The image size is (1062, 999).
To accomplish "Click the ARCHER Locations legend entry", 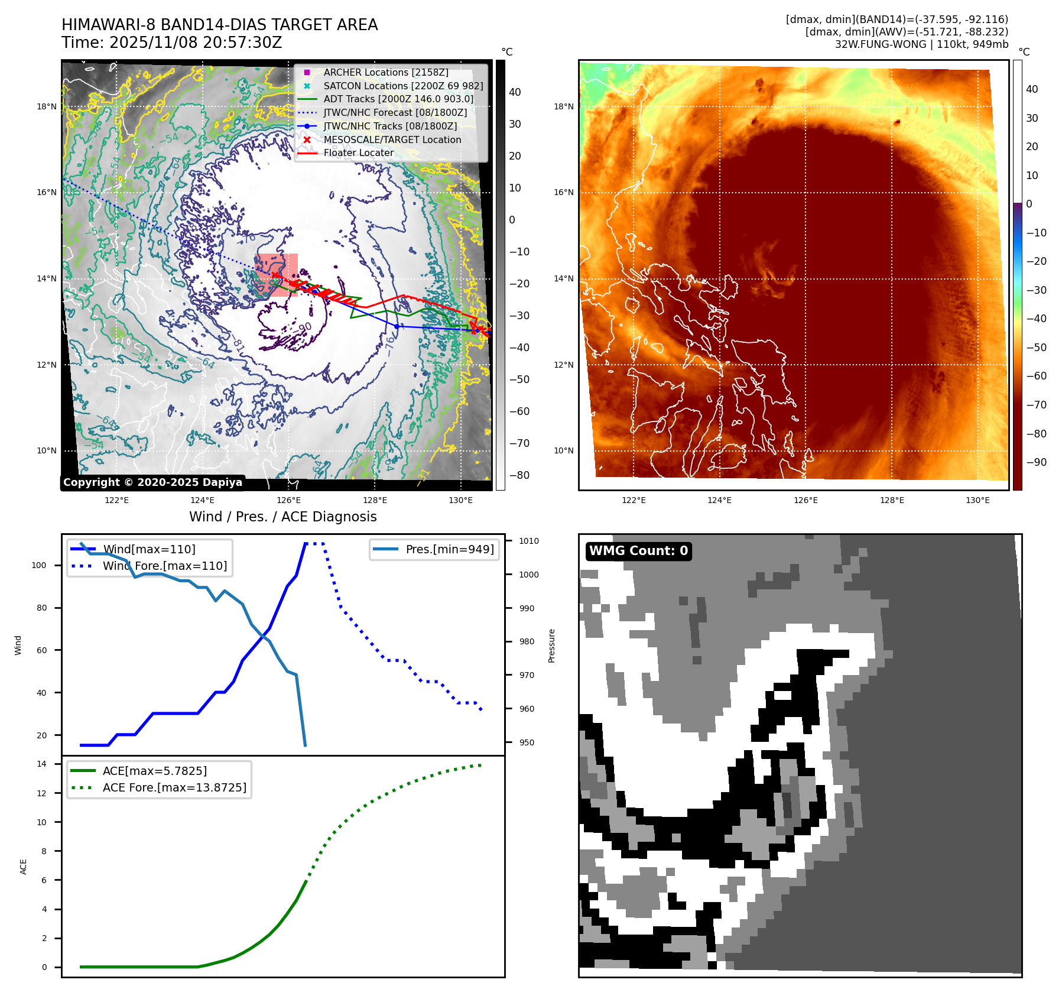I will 385,72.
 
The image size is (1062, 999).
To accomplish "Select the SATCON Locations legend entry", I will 403,86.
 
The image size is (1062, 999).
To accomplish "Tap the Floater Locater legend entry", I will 358,153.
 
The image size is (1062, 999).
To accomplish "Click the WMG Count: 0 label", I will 638,551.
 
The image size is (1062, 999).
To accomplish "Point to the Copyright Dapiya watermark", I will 152,482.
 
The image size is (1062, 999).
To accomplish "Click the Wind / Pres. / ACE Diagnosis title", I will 282,517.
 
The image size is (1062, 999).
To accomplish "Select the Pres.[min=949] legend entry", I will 449,549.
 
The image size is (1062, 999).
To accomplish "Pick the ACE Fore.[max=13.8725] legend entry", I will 174,787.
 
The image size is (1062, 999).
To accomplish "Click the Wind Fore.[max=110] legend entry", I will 164,566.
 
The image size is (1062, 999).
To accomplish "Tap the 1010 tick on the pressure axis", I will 528,541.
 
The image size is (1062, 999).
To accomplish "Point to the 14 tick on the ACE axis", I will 42,764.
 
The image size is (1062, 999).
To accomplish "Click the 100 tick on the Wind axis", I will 39,565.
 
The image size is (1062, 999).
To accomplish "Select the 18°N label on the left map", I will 47,107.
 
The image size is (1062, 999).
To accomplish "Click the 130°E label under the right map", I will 977,500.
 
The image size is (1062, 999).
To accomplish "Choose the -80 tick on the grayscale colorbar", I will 519,475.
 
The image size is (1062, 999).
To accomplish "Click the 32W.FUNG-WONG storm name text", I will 880,44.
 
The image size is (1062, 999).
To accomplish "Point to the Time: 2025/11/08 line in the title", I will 171,43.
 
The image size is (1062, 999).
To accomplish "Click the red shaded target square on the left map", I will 276,275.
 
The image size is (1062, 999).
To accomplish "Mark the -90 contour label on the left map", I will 305,328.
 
